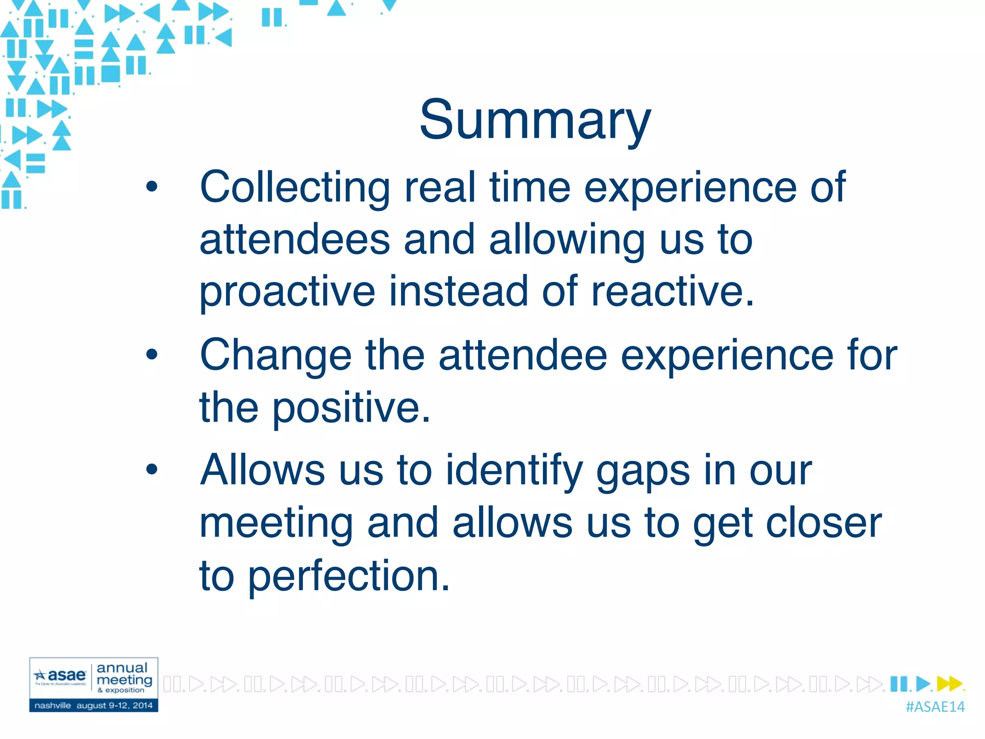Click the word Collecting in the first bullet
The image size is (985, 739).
(294, 188)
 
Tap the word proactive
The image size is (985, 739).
(287, 293)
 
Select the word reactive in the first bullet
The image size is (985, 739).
(672, 292)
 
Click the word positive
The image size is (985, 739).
(351, 408)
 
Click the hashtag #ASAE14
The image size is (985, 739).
(934, 707)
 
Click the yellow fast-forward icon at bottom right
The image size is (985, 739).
(950, 684)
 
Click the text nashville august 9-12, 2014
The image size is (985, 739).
(93, 706)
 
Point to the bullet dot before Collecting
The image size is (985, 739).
(152, 187)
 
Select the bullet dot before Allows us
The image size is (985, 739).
(152, 469)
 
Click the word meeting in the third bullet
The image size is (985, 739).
(276, 524)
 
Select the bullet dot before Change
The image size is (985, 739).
(152, 355)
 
